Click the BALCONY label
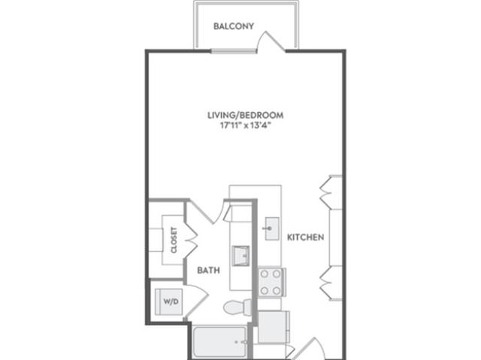pyautogui.click(x=234, y=26)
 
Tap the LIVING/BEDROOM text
pyautogui.click(x=246, y=115)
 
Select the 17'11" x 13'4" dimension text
pyautogui.click(x=247, y=126)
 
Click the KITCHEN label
pyautogui.click(x=306, y=237)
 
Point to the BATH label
pyautogui.click(x=209, y=270)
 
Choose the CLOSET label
pyautogui.click(x=174, y=240)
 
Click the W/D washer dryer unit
pyautogui.click(x=168, y=301)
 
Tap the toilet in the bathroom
pyautogui.click(x=237, y=307)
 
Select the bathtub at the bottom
pyautogui.click(x=220, y=341)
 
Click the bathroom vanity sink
pyautogui.click(x=240, y=256)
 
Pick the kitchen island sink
pyautogui.click(x=272, y=228)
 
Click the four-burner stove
pyautogui.click(x=272, y=282)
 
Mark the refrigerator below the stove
pyautogui.click(x=274, y=327)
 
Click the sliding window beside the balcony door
pyautogui.click(x=234, y=51)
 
